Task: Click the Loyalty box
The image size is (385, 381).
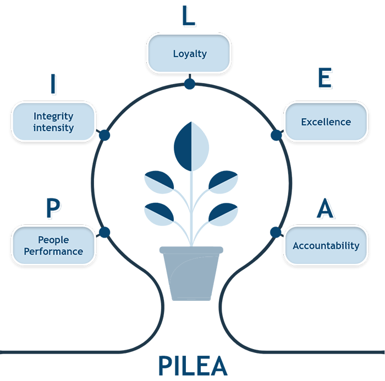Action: [x=189, y=53]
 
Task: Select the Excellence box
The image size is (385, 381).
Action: [x=326, y=122]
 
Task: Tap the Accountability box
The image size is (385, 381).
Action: [x=326, y=245]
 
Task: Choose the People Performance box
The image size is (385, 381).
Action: [x=53, y=245]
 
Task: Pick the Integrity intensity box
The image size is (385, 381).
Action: [x=53, y=122]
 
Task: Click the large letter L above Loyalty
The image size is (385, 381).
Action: [x=189, y=17]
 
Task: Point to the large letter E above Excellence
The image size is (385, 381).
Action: [x=326, y=80]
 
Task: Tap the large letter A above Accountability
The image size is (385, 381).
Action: [x=326, y=209]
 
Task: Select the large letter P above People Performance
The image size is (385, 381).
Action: [x=53, y=208]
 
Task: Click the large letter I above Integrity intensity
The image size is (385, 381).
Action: [x=53, y=84]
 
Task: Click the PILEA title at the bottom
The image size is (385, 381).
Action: [x=193, y=365]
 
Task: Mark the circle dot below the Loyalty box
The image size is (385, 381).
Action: [x=189, y=84]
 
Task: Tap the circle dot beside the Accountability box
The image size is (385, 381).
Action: [x=275, y=232]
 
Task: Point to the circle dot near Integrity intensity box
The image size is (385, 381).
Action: [x=104, y=135]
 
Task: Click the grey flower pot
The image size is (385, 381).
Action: [x=191, y=273]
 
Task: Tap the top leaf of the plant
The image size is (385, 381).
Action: [x=191, y=146]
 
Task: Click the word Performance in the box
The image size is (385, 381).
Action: [x=53, y=251]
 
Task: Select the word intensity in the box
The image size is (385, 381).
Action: [x=53, y=128]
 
